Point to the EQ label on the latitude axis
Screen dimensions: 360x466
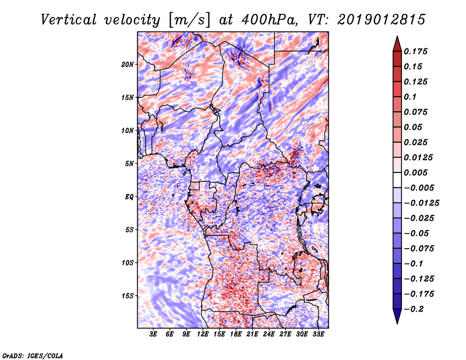coord(129,197)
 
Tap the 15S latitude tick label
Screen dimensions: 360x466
coord(128,296)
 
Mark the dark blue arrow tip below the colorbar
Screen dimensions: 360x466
coord(397,319)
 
